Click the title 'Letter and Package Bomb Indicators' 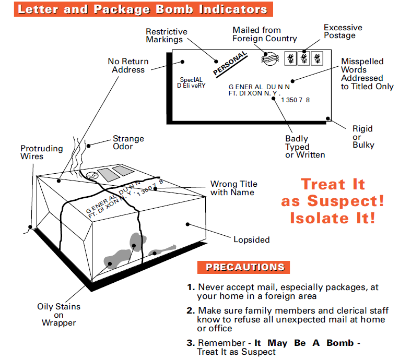(143, 9)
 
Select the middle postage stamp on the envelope (303, 58)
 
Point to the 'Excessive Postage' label (343, 31)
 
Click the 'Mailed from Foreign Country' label (264, 34)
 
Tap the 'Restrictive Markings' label (166, 35)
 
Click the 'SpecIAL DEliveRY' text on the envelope (192, 82)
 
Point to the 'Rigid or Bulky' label (363, 137)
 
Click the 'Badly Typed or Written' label (304, 147)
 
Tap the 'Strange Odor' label (128, 142)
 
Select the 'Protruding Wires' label (41, 152)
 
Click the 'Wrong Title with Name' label (233, 188)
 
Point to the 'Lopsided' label (251, 240)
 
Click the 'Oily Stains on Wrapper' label (58, 315)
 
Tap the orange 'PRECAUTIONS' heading (245, 268)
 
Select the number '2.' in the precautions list (191, 311)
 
